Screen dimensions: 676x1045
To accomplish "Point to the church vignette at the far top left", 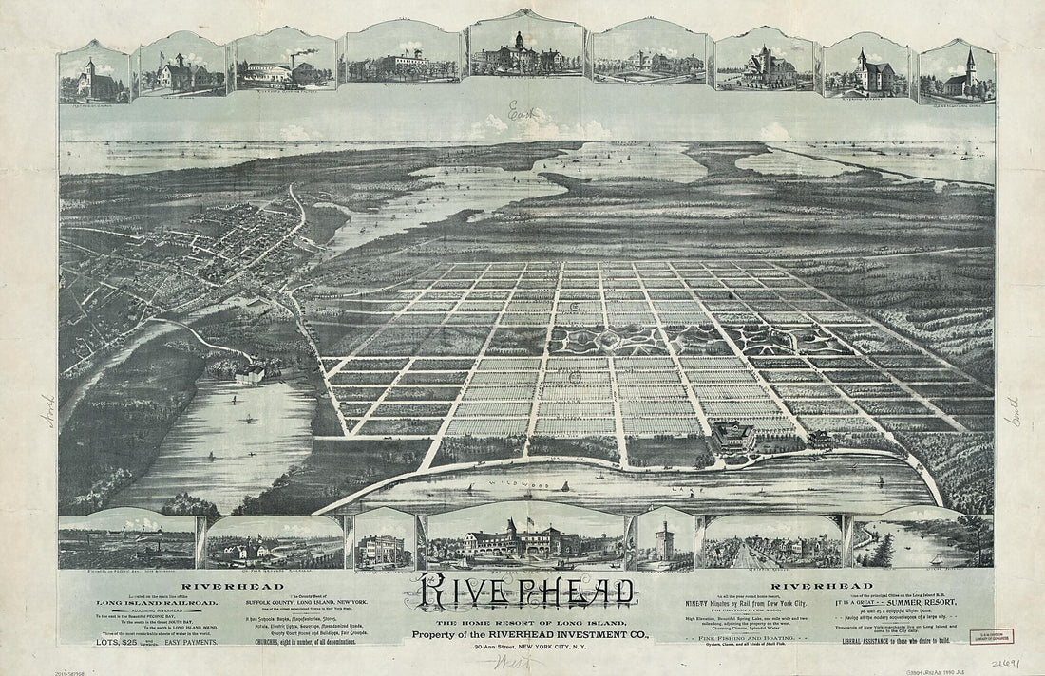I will [x=93, y=74].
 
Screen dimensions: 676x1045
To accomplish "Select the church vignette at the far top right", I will [x=958, y=74].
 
